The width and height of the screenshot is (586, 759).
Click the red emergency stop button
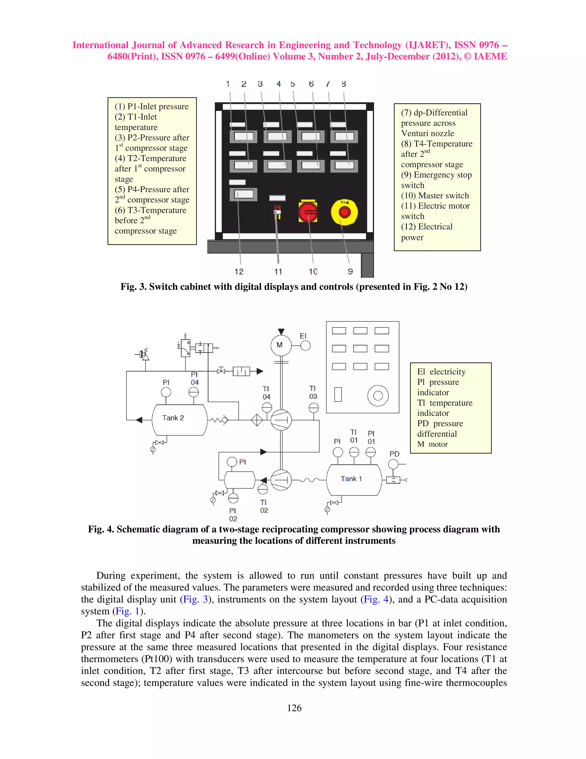point(345,212)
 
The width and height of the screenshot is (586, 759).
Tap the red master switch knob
point(308,212)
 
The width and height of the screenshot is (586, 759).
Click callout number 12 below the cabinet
point(239,272)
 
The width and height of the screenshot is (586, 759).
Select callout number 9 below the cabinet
point(350,272)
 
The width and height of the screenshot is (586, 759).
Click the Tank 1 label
point(351,479)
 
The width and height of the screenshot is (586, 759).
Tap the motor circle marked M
point(281,345)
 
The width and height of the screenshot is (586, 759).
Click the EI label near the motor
point(303,336)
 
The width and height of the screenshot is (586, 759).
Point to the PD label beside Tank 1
point(394,454)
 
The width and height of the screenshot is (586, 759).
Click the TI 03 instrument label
point(313,392)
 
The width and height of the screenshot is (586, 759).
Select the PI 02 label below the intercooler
point(233,515)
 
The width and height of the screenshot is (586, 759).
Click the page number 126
point(294,708)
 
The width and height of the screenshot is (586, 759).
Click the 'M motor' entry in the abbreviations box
point(433,444)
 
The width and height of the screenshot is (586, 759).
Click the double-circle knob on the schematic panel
point(378,396)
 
